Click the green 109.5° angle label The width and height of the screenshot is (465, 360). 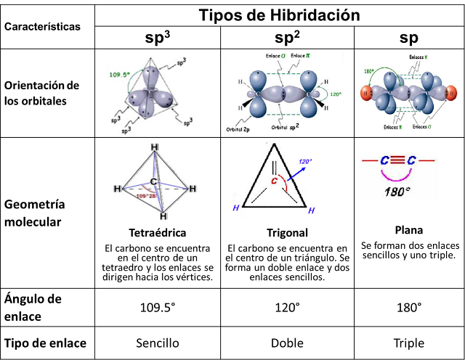pyautogui.click(x=118, y=75)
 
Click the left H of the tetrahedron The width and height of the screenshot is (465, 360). pyautogui.click(x=116, y=189)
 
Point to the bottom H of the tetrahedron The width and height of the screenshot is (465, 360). pyautogui.click(x=164, y=216)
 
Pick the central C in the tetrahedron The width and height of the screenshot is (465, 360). pyautogui.click(x=153, y=181)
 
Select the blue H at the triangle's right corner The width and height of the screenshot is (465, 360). pyautogui.click(x=311, y=210)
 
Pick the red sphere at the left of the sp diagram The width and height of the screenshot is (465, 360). pyautogui.click(x=366, y=94)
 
